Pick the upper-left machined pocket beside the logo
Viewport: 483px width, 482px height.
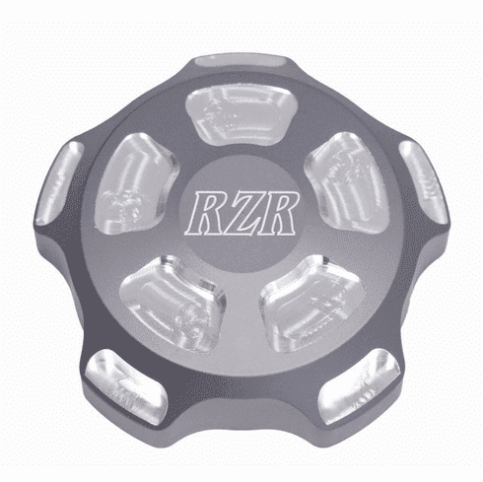point(137,183)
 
